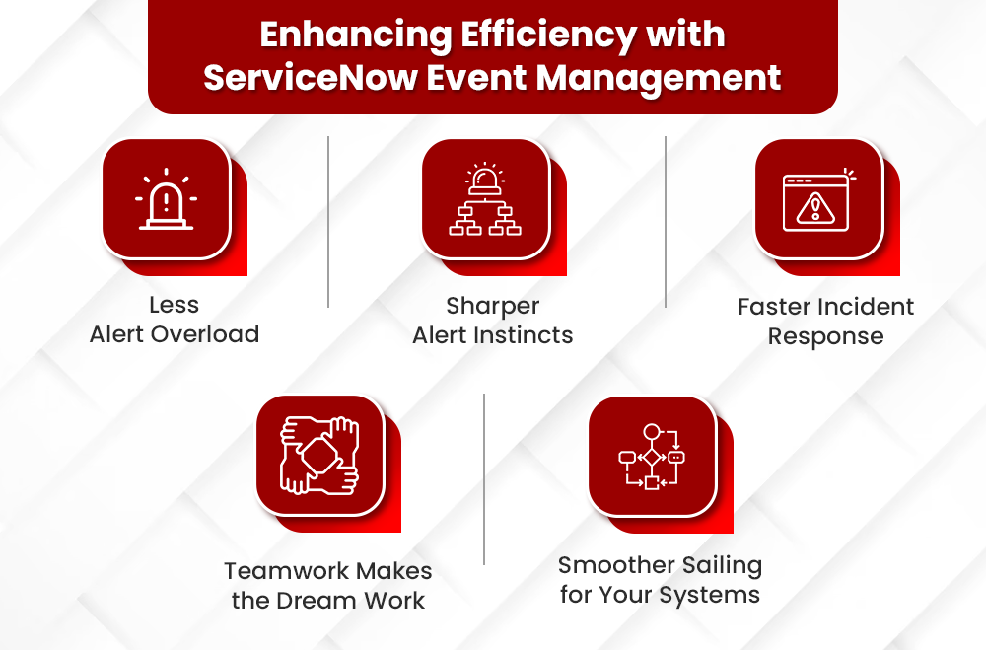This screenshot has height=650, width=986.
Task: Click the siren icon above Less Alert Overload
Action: click(166, 199)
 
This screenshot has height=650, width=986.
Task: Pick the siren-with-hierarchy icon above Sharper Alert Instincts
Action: click(485, 199)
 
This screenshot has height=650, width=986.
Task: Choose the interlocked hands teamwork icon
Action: click(319, 456)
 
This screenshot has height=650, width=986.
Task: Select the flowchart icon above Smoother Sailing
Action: click(652, 456)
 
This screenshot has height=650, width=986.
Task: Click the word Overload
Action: click(206, 334)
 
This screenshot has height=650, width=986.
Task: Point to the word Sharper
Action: click(492, 306)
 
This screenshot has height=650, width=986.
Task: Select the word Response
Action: click(825, 336)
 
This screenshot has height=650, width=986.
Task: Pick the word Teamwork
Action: click(286, 571)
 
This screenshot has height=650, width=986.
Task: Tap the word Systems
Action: click(711, 596)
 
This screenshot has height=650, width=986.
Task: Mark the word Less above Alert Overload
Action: click(175, 305)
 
